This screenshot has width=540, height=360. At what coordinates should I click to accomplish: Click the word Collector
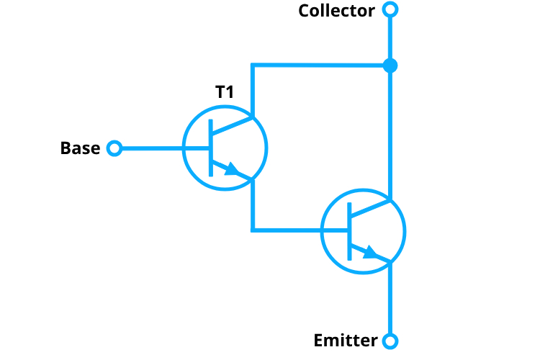(x=336, y=11)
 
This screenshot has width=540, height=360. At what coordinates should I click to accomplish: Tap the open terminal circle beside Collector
(x=390, y=10)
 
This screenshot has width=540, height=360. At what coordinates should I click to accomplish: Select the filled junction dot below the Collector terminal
(x=390, y=66)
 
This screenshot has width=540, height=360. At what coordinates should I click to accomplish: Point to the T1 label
(x=225, y=91)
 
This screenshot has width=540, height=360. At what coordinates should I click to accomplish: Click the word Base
(x=80, y=148)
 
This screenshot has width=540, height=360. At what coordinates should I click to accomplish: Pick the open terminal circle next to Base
(x=114, y=148)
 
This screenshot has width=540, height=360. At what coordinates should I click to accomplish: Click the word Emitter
(x=346, y=341)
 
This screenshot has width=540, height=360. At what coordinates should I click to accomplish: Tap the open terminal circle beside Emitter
(x=390, y=341)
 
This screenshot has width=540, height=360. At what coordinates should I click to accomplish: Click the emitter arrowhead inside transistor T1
(x=232, y=170)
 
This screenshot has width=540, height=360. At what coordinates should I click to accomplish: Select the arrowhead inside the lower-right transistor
(x=370, y=252)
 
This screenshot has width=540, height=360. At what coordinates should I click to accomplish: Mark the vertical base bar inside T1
(x=210, y=148)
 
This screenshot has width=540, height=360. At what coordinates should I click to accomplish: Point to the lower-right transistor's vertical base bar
(x=348, y=230)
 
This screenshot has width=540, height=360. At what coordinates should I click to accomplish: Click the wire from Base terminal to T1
(x=151, y=148)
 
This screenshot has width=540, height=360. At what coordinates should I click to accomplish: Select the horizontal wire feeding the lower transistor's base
(x=288, y=230)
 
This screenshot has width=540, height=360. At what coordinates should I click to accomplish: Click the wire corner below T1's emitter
(x=253, y=230)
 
